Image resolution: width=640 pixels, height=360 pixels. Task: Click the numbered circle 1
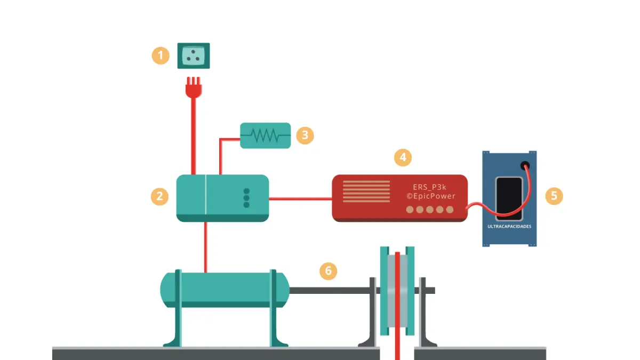[161, 55]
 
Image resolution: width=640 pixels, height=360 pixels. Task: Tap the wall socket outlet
[193, 55]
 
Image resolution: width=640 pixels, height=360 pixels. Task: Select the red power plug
[193, 88]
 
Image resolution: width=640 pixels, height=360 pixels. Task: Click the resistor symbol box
[265, 135]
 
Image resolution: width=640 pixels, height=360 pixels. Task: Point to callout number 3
[305, 135]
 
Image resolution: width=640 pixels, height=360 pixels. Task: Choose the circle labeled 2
[159, 196]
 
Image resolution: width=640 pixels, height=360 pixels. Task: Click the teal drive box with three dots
[222, 198]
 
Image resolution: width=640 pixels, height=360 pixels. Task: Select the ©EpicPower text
[431, 196]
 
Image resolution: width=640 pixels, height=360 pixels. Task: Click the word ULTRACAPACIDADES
[509, 226]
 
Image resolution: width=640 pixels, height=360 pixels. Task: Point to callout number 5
[554, 196]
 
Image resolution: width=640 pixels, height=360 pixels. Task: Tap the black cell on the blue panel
[509, 198]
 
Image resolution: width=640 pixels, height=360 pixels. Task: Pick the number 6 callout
[328, 271]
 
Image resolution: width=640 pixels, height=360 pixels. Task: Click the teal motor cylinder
[225, 290]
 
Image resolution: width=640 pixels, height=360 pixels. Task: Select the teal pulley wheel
[397, 291]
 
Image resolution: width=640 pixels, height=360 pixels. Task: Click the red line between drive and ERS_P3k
[300, 198]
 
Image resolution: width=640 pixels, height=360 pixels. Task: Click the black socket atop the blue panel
[525, 166]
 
